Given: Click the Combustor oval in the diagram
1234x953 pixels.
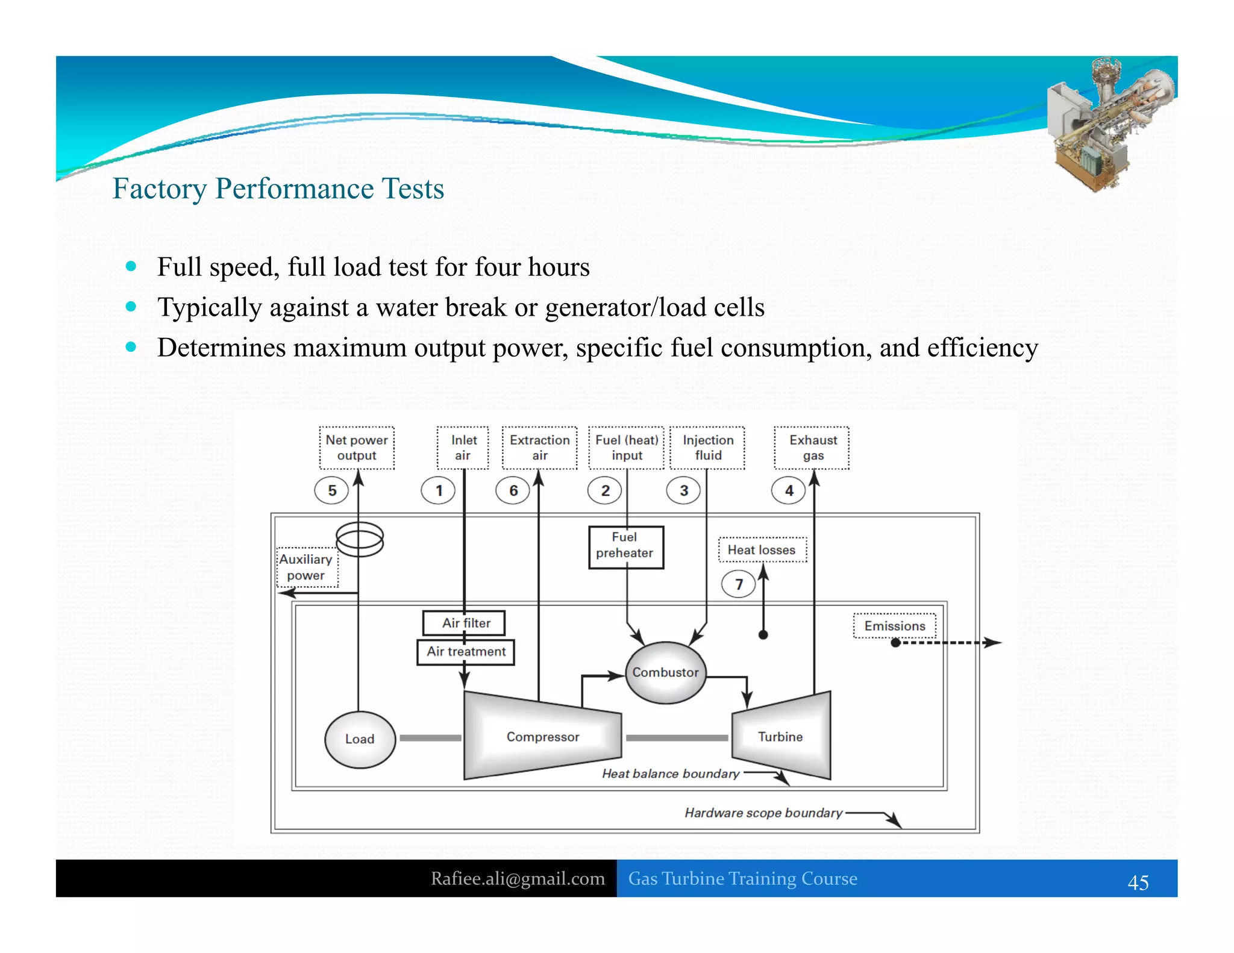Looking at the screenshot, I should (x=665, y=672).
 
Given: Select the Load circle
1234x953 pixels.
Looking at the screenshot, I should (x=360, y=739).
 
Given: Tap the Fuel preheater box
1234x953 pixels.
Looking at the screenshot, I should (x=625, y=546).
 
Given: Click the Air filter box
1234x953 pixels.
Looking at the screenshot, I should (x=465, y=623).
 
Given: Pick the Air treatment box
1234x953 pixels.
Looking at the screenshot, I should (x=466, y=652).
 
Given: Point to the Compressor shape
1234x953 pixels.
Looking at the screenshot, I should (x=542, y=737).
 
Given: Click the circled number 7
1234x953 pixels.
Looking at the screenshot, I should (x=738, y=584).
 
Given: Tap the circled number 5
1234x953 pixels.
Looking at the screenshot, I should (x=332, y=490).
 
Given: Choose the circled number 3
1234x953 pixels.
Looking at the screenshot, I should (x=683, y=490).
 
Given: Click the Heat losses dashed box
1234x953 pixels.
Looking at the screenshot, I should (x=762, y=550).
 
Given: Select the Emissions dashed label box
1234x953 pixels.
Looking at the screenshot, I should (x=894, y=626).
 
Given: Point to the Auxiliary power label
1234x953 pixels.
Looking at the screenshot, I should (x=306, y=567).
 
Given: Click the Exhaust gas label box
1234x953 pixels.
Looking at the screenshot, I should (x=812, y=448).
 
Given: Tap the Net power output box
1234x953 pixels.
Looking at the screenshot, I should (x=357, y=448).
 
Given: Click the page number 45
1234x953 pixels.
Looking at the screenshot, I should (x=1138, y=883).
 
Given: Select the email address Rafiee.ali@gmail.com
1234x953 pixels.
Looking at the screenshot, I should (x=518, y=878).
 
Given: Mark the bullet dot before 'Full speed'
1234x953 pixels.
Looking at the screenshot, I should (x=131, y=266).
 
